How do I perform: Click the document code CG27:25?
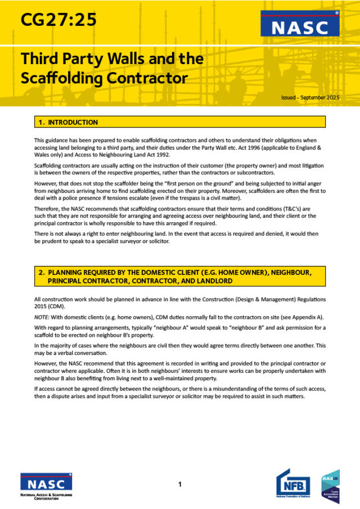click(58, 20)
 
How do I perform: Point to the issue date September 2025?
click(318, 97)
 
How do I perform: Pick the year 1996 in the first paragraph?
click(263, 147)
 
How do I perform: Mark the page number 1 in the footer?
click(179, 484)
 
